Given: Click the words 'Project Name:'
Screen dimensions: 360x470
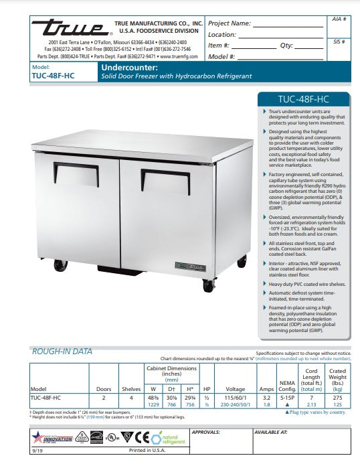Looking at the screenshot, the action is tap(230, 23).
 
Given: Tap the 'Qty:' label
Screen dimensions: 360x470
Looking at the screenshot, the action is tap(286, 46).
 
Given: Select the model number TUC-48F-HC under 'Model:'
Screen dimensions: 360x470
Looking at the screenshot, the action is tap(53, 76).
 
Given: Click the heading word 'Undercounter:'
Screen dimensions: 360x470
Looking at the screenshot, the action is tap(129, 68).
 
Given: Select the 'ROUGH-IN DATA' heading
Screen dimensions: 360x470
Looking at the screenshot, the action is tap(62, 351).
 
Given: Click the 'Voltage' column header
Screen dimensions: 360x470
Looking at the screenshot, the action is tap(236, 388).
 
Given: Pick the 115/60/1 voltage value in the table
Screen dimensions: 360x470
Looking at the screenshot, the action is tap(236, 397).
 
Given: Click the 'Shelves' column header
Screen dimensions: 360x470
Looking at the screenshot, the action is tap(131, 388).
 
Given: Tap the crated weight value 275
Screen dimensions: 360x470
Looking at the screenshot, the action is tap(338, 397).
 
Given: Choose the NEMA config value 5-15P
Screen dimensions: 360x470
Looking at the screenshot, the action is tap(287, 397).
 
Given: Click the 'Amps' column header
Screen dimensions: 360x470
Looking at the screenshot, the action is tap(266, 388).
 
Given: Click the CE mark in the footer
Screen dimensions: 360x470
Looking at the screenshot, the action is tap(141, 439).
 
